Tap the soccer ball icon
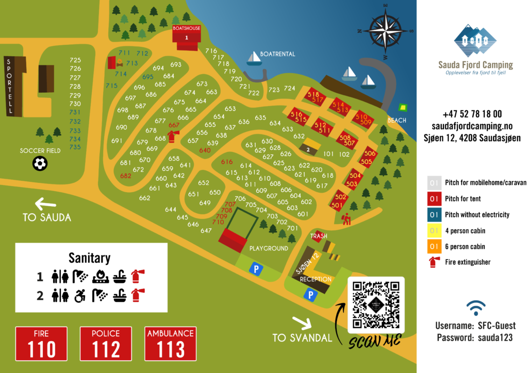(x=40, y=164)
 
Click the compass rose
(x=385, y=30)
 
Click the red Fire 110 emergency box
(x=41, y=344)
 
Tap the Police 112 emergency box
(x=106, y=344)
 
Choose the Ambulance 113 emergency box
(x=170, y=344)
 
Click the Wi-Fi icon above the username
(x=475, y=308)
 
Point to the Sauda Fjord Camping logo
(x=475, y=41)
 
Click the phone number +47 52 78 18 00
(x=472, y=114)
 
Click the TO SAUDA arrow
(x=39, y=204)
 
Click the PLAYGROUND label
(x=269, y=248)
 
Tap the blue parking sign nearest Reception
(x=310, y=295)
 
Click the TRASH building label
(x=319, y=236)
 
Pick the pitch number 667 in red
(x=174, y=125)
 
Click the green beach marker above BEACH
(x=403, y=108)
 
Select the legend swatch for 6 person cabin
(x=434, y=247)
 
